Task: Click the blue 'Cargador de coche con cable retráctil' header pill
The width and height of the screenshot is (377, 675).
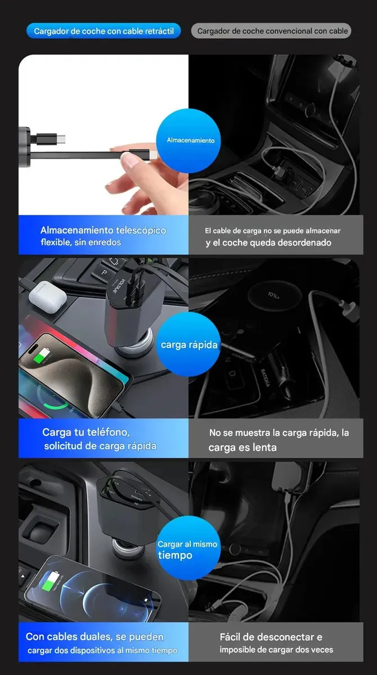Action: click(x=104, y=31)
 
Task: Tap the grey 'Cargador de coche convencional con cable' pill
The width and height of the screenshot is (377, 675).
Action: click(x=271, y=31)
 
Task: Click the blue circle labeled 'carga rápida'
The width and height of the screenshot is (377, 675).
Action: click(x=188, y=344)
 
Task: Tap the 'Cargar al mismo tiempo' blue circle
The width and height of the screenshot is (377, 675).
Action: click(x=188, y=548)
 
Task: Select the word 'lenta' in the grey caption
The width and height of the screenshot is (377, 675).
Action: click(x=264, y=448)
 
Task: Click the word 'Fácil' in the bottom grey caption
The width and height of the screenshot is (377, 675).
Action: click(x=230, y=637)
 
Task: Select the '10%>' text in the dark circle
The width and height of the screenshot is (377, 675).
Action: click(x=273, y=295)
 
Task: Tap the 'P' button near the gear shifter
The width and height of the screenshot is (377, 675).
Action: click(x=104, y=272)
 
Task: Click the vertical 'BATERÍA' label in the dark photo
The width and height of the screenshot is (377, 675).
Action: click(x=265, y=378)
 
